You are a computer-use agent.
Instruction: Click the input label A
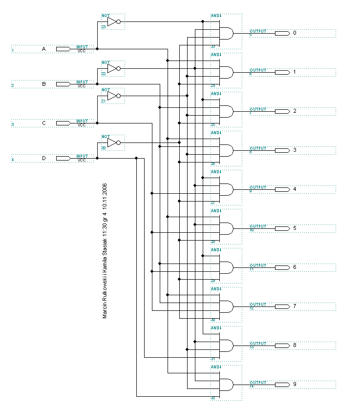point(43,49)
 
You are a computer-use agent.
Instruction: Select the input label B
point(43,84)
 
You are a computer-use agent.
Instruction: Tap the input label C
point(43,123)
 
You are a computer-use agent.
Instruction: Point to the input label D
point(43,158)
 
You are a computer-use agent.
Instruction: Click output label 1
point(295,72)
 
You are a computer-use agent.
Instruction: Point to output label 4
point(295,189)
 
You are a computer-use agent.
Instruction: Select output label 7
point(295,306)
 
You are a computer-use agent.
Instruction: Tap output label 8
point(295,346)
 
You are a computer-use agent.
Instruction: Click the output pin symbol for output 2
point(282,111)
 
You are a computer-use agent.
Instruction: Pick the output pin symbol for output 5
point(282,228)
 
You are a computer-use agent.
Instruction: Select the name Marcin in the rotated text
point(105,310)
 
